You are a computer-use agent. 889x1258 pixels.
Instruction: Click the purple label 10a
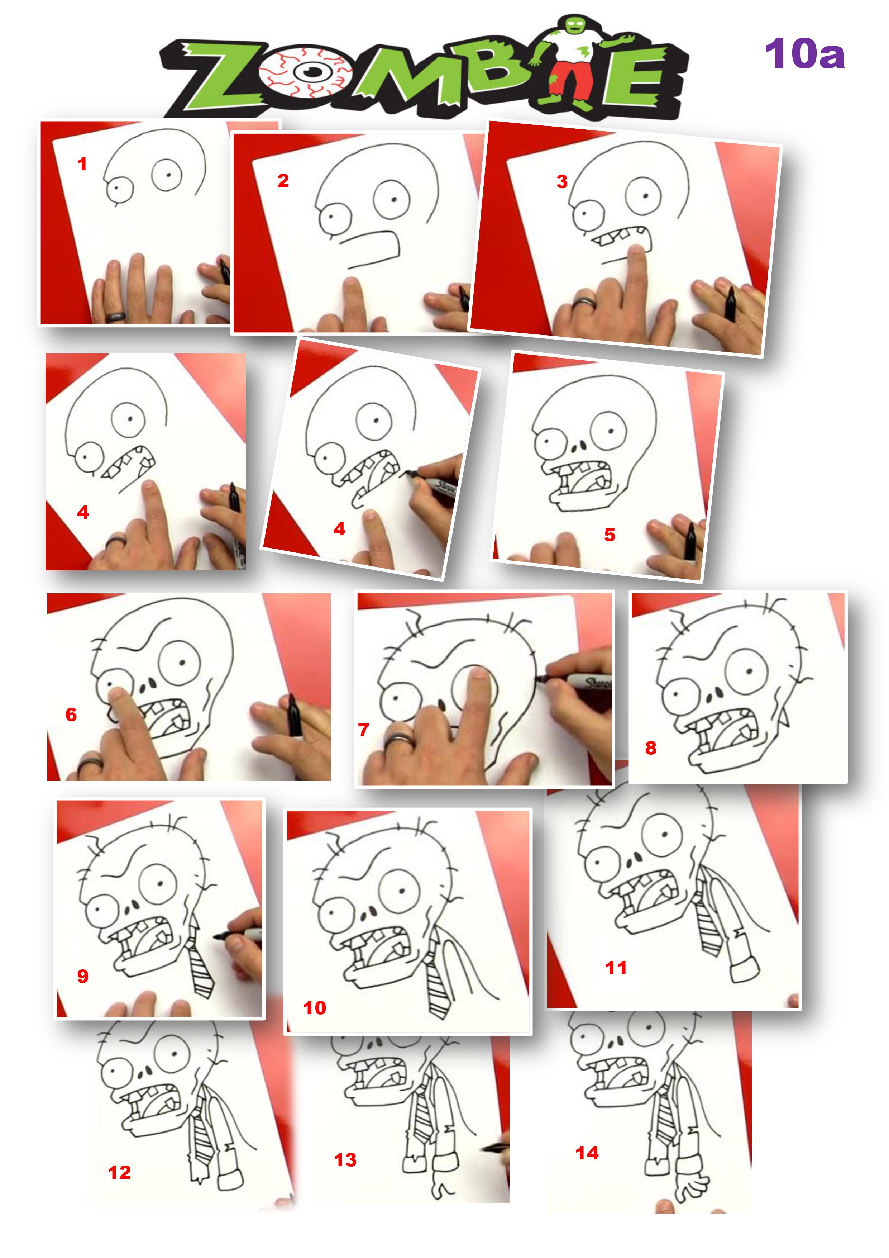point(804,54)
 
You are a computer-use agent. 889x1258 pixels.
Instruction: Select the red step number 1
point(82,164)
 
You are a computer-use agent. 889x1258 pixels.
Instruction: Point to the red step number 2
point(283,181)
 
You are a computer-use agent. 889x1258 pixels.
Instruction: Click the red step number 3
point(561,182)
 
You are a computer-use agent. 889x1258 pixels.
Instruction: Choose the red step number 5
point(610,535)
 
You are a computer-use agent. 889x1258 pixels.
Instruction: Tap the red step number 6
point(71,715)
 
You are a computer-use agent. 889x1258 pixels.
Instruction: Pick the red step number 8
point(651,748)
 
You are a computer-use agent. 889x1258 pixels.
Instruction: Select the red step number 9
point(83,976)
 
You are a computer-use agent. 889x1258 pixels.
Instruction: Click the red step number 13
point(345,1160)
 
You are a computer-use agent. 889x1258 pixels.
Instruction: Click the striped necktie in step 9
point(199,965)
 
